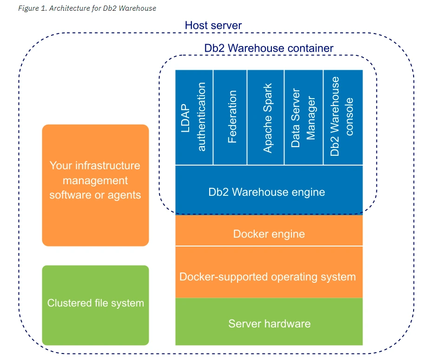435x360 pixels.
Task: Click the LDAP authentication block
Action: [194, 117]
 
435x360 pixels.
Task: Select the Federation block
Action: [231, 117]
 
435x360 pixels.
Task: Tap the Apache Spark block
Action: [266, 117]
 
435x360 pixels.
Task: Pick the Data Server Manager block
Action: [303, 117]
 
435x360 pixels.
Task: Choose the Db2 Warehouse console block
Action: [343, 117]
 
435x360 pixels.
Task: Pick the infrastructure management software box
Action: [95, 185]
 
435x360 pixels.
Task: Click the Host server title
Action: [213, 25]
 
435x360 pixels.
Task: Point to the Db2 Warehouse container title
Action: [269, 48]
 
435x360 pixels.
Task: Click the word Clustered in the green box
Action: [67, 303]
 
